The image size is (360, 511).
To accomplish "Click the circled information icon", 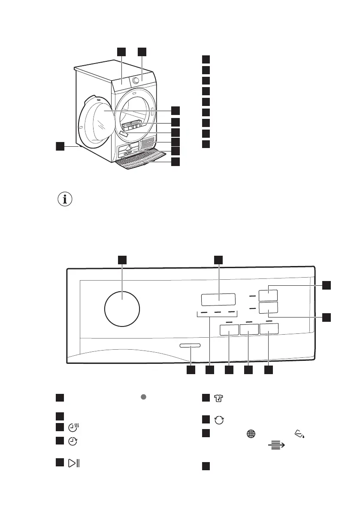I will point(65,200).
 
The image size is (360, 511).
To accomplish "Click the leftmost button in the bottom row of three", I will point(229,330).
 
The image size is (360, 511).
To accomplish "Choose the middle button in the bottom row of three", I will point(249,330).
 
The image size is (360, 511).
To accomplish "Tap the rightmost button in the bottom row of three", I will point(269,329).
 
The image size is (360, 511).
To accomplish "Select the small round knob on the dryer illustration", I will point(136,80).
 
